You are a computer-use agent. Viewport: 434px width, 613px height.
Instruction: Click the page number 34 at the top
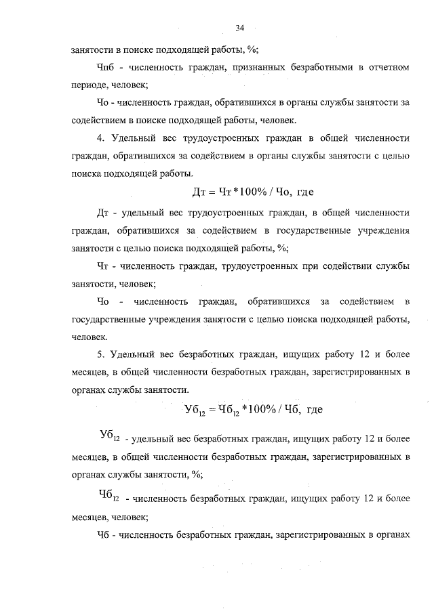click(x=239, y=27)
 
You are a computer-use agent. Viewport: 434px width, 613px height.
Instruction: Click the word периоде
click(x=89, y=85)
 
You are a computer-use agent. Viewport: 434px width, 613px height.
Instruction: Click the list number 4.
click(x=100, y=138)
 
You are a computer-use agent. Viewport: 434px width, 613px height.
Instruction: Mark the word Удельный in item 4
click(x=134, y=138)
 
